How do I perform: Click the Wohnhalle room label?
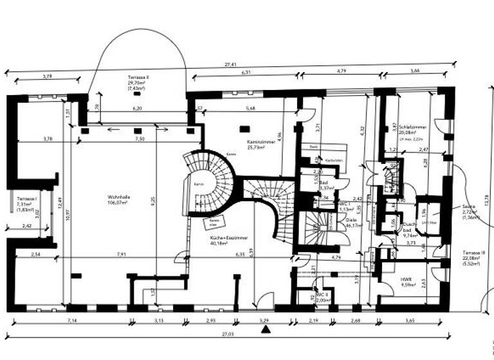[x=117, y=197]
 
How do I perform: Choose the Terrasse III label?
[x=475, y=253]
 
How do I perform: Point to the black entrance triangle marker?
[x=265, y=330]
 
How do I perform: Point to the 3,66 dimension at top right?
[x=416, y=69]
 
